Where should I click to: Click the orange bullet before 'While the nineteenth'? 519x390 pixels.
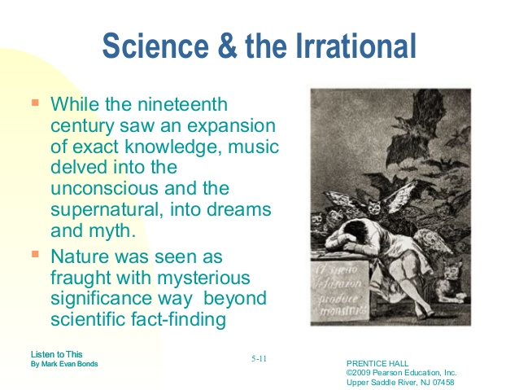pos(35,104)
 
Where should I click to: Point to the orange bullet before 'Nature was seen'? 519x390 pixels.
pos(35,255)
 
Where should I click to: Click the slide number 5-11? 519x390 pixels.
pos(260,357)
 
